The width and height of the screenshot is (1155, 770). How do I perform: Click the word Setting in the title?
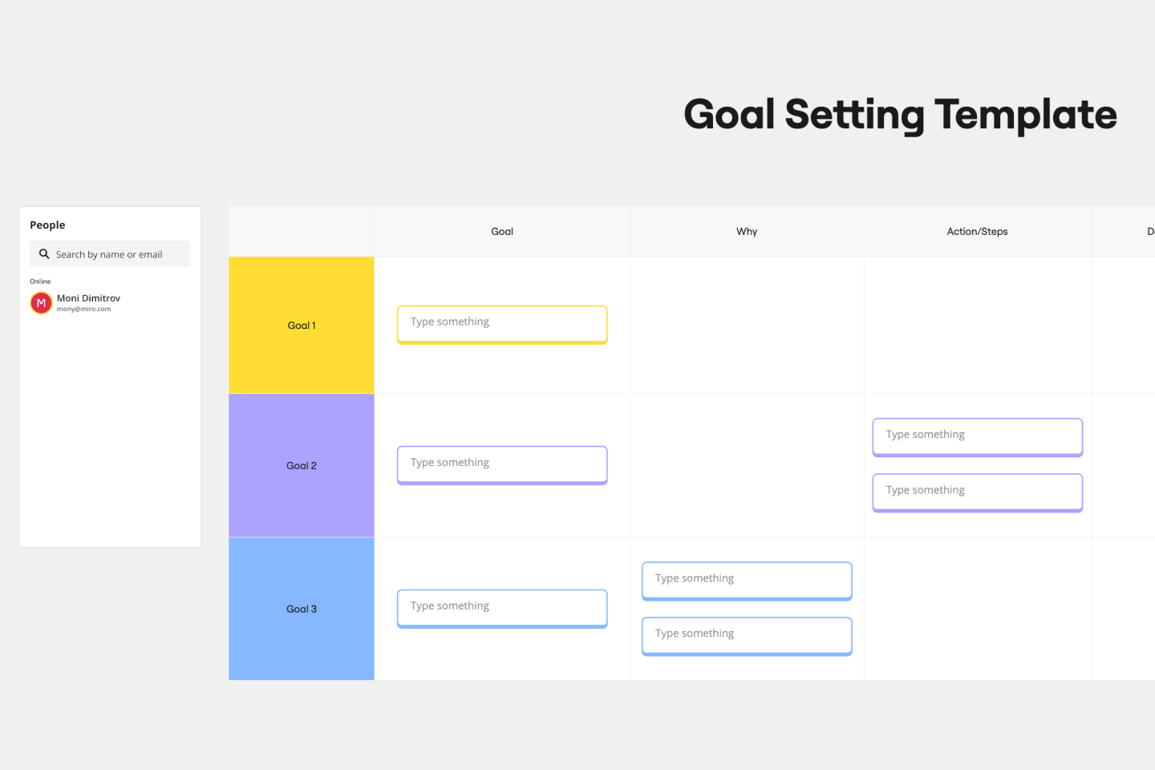tap(854, 115)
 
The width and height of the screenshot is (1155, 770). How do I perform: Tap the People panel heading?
tap(47, 225)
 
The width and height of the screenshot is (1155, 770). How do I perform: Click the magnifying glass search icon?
tap(44, 254)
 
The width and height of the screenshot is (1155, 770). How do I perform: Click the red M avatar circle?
tap(41, 303)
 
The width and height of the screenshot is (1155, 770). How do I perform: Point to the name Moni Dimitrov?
tap(88, 298)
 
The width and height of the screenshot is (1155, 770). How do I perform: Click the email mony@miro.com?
tap(83, 309)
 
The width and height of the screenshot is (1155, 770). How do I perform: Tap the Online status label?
tap(40, 282)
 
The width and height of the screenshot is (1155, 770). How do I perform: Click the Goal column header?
tap(502, 232)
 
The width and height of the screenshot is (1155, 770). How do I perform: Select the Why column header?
tap(747, 232)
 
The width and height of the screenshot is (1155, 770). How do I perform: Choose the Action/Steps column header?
tap(977, 232)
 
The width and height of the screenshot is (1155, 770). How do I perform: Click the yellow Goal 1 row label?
tap(302, 326)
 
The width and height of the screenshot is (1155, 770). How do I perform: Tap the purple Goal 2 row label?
tap(302, 466)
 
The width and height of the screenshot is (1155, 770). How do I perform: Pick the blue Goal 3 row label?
tap(302, 610)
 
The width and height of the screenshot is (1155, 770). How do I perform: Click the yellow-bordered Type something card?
tap(502, 324)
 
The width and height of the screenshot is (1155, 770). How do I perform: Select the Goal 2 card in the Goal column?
tap(502, 464)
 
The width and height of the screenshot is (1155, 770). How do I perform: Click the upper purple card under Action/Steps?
tap(977, 436)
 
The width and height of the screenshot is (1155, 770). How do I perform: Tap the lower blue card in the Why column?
tap(747, 635)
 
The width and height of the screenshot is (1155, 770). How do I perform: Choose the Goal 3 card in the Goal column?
tap(502, 608)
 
